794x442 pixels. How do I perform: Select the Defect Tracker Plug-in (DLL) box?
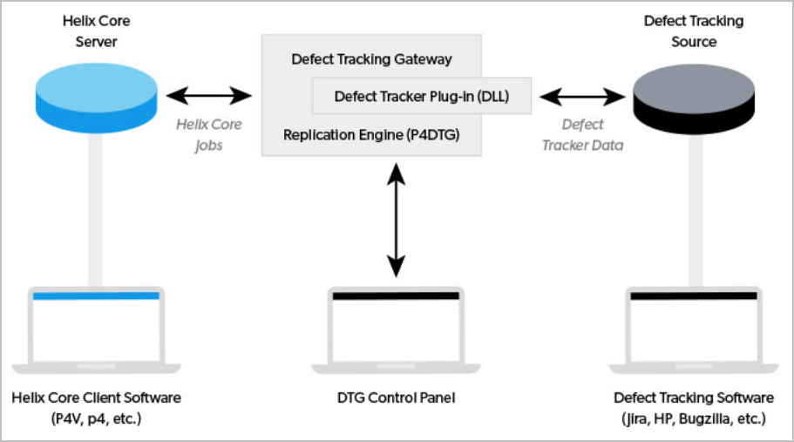[x=422, y=96]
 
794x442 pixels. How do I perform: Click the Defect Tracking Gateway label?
[x=371, y=59]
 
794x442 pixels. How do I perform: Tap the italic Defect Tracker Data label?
[x=582, y=135]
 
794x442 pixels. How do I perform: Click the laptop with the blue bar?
[x=96, y=328]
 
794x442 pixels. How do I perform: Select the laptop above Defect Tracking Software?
[x=694, y=328]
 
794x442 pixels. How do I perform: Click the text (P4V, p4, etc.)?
[x=96, y=418]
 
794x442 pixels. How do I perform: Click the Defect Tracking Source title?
[x=693, y=31]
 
